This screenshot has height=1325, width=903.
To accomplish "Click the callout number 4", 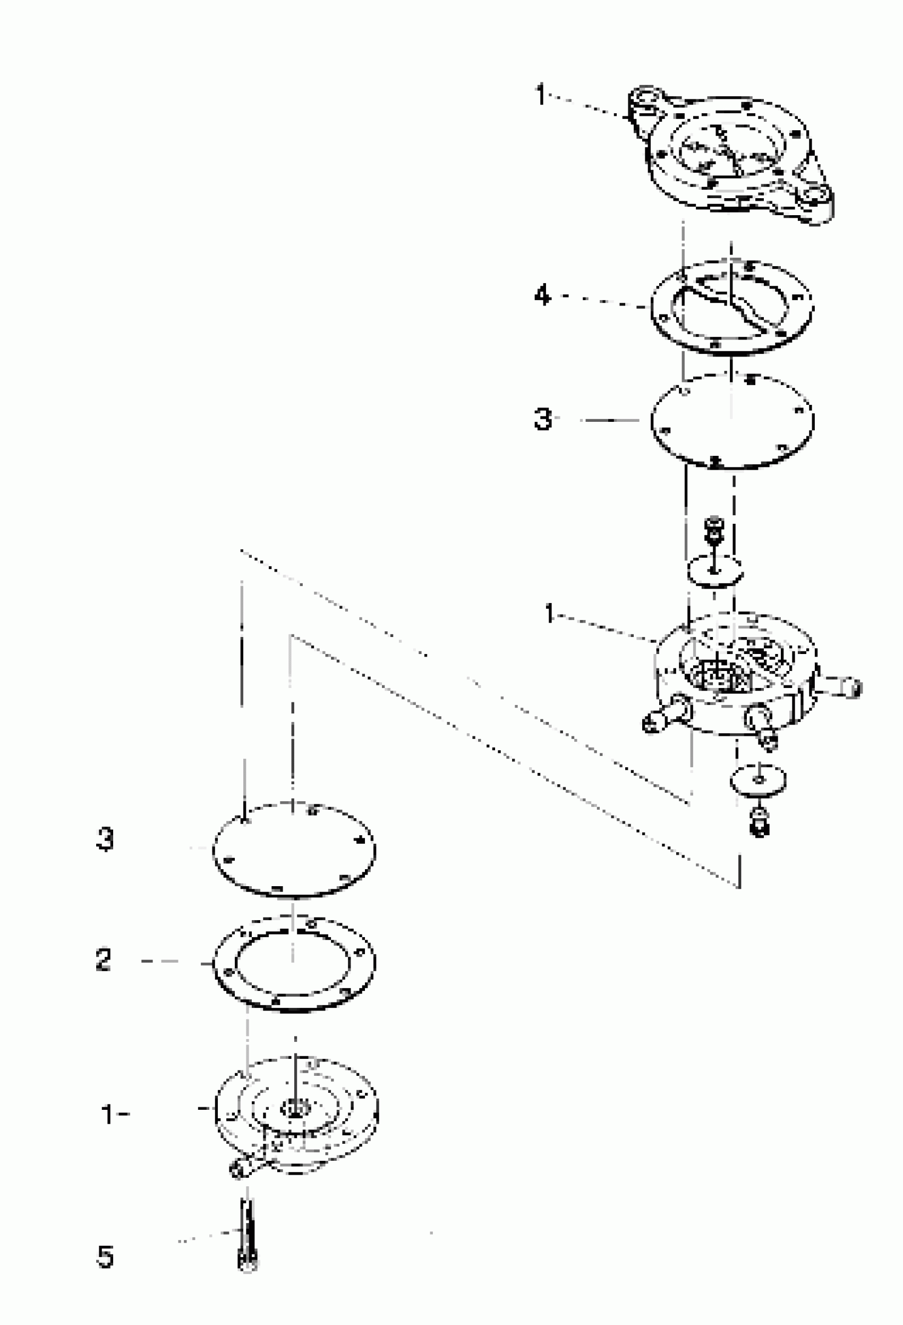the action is [542, 296].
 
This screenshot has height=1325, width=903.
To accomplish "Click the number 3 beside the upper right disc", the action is [543, 419].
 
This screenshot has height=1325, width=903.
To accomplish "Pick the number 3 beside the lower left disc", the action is [105, 839].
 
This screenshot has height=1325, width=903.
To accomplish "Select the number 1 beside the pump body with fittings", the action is [549, 614].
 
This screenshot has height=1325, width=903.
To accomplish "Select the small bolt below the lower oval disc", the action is [760, 823].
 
